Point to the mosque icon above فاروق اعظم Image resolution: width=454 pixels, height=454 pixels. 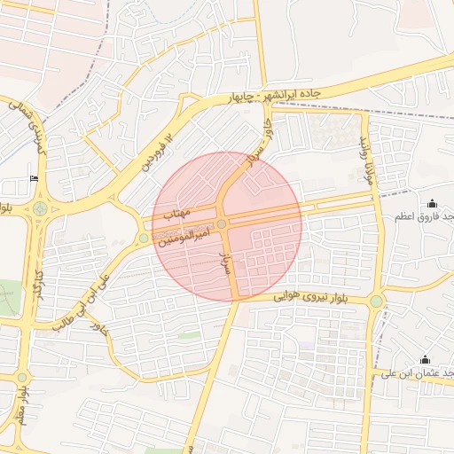click(432, 204)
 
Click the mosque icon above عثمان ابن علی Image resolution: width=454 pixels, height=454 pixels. click(425, 360)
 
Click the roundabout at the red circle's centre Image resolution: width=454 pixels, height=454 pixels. click(222, 223)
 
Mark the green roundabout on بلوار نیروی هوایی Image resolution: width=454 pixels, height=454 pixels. click(376, 301)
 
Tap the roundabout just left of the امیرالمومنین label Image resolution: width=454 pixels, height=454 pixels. click(144, 238)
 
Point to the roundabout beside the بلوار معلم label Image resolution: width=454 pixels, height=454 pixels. click(21, 378)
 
